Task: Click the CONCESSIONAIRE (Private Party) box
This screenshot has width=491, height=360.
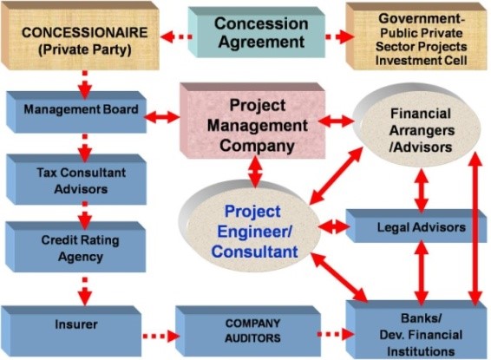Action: tap(80, 36)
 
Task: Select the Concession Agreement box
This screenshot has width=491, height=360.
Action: tap(257, 32)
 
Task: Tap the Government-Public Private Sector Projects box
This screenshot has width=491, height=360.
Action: tap(416, 36)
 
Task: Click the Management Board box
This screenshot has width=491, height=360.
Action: tap(76, 112)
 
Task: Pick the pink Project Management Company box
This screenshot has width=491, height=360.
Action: tap(252, 121)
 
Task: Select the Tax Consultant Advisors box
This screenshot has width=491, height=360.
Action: tap(76, 180)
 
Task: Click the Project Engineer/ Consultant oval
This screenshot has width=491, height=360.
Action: tap(250, 226)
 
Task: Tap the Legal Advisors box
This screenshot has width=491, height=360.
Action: tap(416, 226)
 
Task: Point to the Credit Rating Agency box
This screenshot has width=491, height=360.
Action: tap(76, 247)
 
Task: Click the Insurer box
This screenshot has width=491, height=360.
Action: tap(71, 331)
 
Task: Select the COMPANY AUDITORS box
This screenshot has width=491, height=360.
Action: tap(248, 331)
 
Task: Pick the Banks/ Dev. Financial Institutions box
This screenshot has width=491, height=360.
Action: tap(416, 330)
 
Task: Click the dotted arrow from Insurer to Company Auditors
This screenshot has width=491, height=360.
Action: tap(161, 337)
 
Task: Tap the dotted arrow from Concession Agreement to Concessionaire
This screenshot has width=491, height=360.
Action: tap(176, 37)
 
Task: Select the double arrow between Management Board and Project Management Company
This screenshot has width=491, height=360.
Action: tap(162, 117)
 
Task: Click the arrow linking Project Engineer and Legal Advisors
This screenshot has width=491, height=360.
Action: tap(335, 226)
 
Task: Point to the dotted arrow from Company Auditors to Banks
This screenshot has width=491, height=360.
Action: tap(336, 334)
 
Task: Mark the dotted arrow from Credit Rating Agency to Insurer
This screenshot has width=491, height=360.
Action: tap(85, 291)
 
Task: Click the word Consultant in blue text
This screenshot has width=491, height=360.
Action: tap(254, 252)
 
